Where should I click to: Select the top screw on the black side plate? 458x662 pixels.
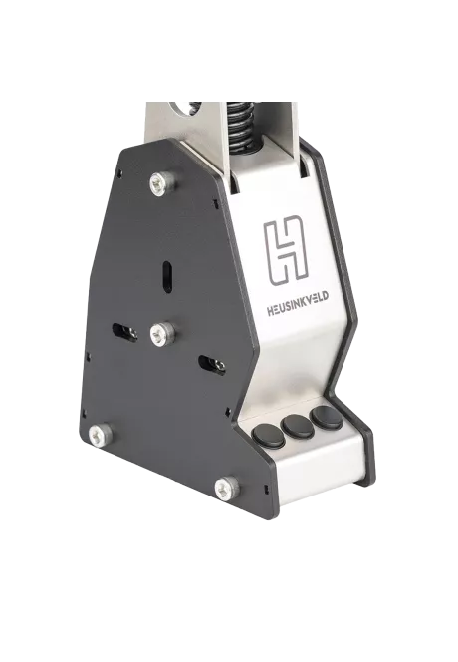[x=158, y=182]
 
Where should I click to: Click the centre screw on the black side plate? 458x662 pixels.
[x=159, y=335]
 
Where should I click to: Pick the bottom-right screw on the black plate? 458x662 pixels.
[x=226, y=488]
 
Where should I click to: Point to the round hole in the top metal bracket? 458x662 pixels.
[x=183, y=104]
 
